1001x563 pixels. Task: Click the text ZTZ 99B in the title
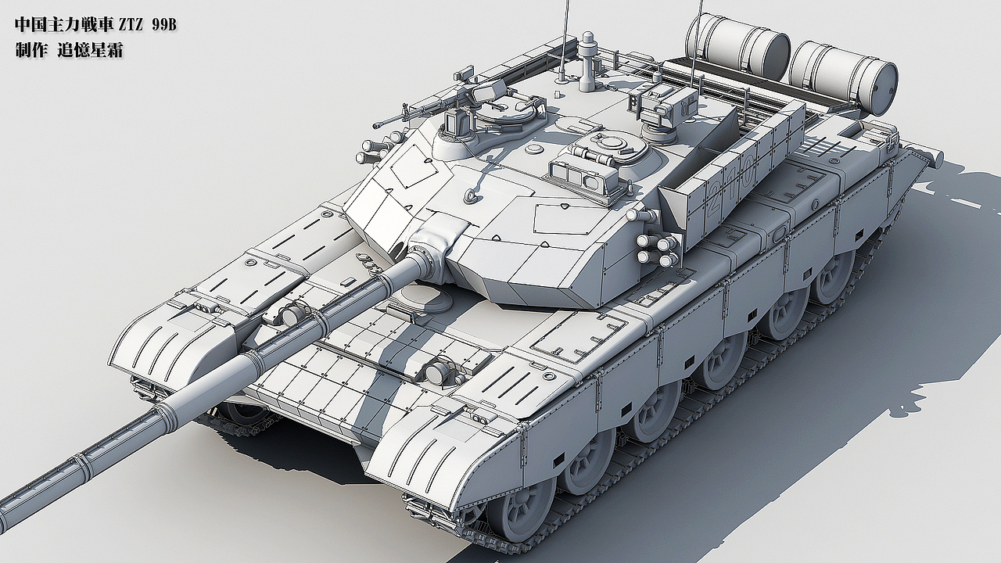click(147, 26)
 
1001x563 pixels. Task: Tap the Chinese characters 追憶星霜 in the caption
click(90, 51)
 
